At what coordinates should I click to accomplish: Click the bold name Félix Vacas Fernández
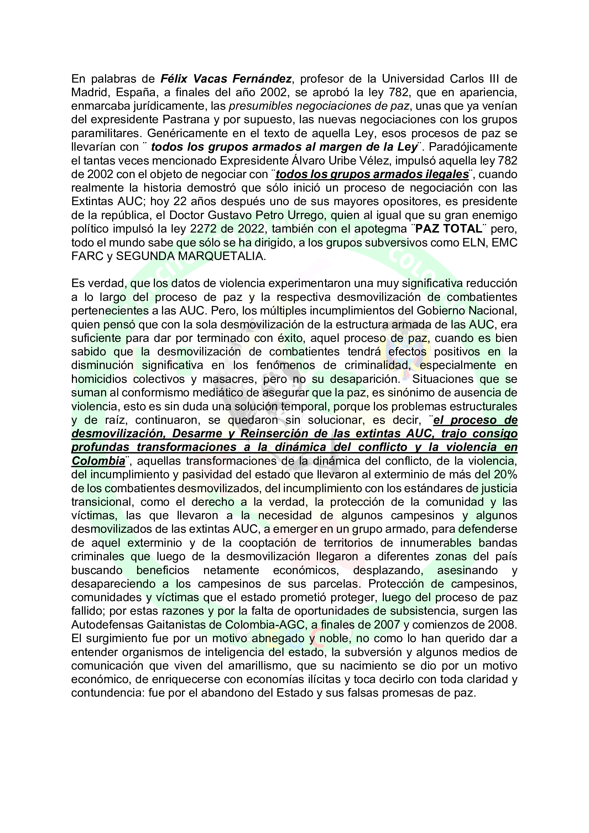pos(226,79)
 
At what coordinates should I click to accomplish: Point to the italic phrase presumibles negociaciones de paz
pos(319,106)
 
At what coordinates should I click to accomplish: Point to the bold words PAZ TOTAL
pos(449,229)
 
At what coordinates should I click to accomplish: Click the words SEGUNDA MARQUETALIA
pos(191,256)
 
